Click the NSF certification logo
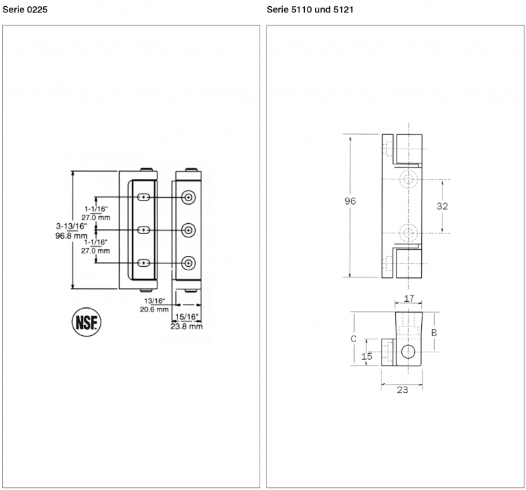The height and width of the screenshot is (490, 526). (x=86, y=322)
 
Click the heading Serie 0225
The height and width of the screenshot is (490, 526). (x=25, y=10)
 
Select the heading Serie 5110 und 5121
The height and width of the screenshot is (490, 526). (x=310, y=10)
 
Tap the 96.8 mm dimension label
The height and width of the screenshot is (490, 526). (x=71, y=235)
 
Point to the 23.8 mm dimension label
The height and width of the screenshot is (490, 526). (x=186, y=326)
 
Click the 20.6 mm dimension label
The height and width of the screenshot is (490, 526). (x=154, y=309)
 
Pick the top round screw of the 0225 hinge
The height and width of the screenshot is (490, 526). (x=188, y=197)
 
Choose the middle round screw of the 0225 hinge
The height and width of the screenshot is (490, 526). (x=188, y=230)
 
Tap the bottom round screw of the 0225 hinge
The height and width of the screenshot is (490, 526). (x=188, y=263)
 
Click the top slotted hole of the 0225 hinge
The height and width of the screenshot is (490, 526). (x=144, y=197)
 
